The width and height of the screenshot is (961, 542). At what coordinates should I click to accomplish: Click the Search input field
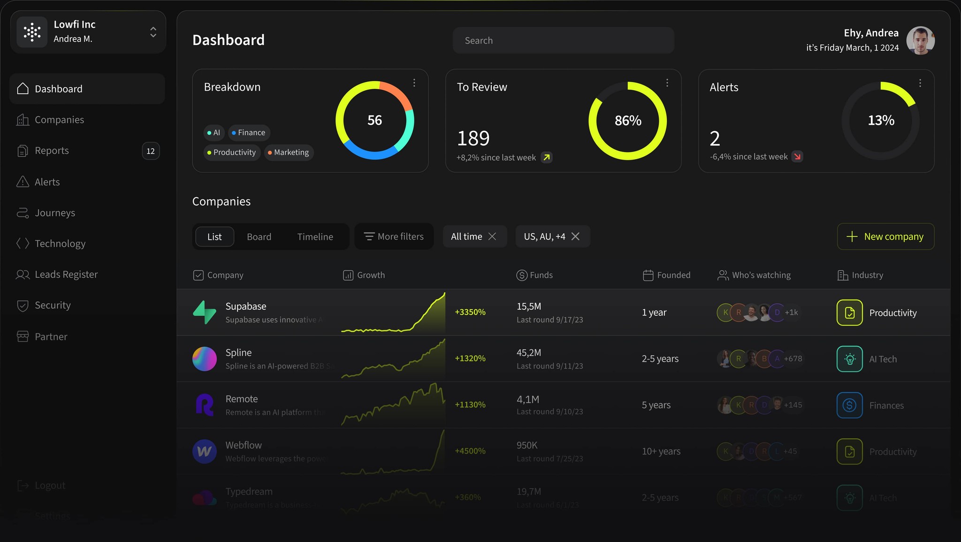(563, 40)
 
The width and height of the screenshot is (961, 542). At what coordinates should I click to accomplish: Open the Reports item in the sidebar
(52, 151)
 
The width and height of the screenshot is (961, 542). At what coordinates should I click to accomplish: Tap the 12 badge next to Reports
(151, 151)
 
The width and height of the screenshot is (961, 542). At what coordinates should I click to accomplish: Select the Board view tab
(259, 237)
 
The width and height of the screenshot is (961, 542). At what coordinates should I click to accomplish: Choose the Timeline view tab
(315, 237)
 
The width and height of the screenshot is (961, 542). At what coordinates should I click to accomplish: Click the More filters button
(394, 237)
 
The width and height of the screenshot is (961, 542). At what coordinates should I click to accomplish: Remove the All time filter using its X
(492, 237)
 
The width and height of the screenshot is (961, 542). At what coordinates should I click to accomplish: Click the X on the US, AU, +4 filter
(575, 237)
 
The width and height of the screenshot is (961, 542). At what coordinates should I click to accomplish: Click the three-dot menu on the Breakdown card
(414, 83)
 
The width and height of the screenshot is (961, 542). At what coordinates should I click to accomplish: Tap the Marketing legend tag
(289, 153)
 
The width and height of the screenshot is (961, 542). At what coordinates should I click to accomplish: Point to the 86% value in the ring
(628, 121)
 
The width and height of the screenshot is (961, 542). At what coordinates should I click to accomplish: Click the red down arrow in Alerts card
(797, 157)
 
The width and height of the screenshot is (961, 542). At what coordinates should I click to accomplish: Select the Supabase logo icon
(205, 313)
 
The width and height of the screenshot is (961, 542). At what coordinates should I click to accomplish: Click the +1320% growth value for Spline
(470, 359)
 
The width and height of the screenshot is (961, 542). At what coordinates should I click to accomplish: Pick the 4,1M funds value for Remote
(528, 399)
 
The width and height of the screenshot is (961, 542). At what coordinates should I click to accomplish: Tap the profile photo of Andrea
(920, 40)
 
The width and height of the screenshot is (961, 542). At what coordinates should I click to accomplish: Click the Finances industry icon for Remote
(849, 405)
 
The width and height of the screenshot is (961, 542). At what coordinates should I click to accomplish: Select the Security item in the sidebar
(53, 305)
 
